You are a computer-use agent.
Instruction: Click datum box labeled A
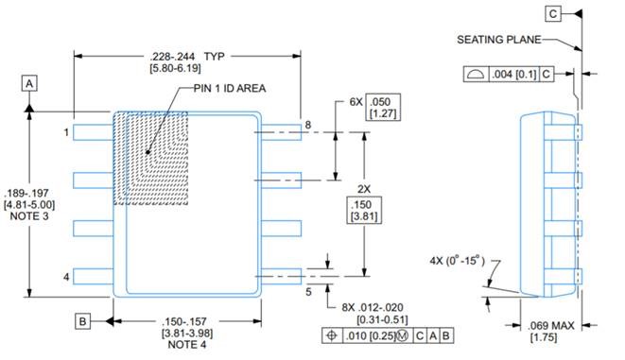(x=29, y=84)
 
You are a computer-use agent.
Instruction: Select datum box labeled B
(x=82, y=321)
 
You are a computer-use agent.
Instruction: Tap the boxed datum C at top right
(x=553, y=14)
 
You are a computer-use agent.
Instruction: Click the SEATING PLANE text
(x=498, y=40)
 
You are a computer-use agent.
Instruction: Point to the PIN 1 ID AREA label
(x=230, y=89)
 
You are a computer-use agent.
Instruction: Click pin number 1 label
(x=66, y=132)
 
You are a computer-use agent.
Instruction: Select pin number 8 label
(x=307, y=125)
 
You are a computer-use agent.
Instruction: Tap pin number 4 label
(x=66, y=277)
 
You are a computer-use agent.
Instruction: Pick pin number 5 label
(x=308, y=292)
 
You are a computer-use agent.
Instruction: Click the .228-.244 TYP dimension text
(x=187, y=57)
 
